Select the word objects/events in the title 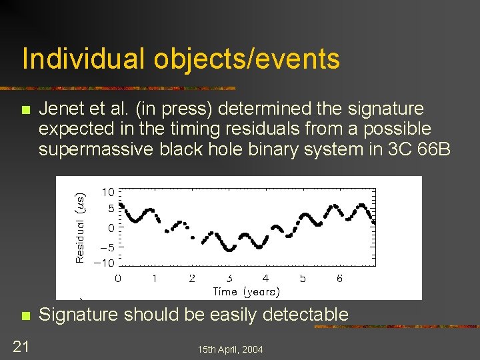point(247,59)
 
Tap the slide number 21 point(21,345)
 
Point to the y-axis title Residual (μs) point(80,227)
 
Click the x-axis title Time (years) point(246,291)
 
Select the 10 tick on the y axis point(107,192)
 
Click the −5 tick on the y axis point(105,247)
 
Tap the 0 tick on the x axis point(118,277)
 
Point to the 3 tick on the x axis point(229,277)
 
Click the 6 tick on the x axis point(339,277)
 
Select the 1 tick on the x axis point(155,277)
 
